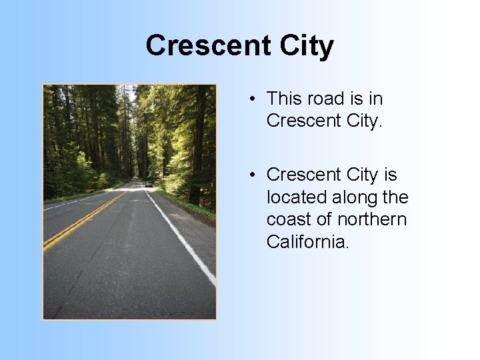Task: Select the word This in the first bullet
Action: click(x=285, y=99)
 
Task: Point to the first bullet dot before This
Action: click(x=253, y=99)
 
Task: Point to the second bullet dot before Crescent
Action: click(x=253, y=175)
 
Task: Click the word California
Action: click(x=307, y=241)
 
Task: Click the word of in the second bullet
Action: click(x=325, y=219)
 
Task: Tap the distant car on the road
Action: click(x=148, y=183)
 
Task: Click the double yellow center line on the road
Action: click(x=87, y=217)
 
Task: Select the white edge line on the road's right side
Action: click(x=183, y=240)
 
